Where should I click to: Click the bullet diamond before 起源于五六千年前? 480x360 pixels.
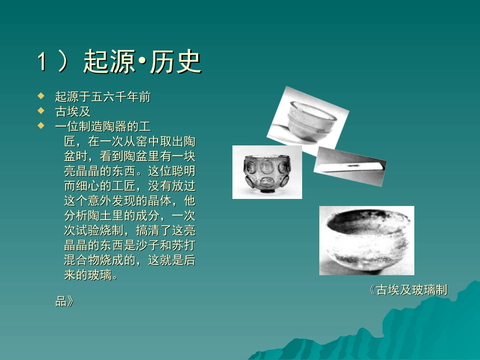[41, 96]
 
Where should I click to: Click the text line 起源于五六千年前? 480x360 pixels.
[102, 97]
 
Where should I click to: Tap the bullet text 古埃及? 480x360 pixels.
[73, 112]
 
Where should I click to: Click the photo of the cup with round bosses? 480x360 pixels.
[267, 172]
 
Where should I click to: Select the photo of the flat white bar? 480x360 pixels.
[350, 167]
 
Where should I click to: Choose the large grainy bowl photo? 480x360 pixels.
[366, 240]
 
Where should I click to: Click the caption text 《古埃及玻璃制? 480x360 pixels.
[408, 290]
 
